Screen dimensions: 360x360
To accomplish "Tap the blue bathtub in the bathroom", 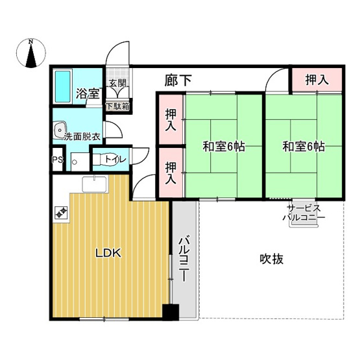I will (63, 88).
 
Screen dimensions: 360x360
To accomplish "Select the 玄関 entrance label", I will (117, 83).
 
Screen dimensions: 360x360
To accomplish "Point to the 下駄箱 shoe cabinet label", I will (117, 106).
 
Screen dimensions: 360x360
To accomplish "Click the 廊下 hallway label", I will (179, 80).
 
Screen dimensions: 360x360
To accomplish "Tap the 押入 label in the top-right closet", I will (316, 80).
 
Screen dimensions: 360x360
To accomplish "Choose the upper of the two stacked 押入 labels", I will (171, 121).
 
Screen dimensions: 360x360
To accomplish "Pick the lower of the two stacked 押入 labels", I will (171, 172).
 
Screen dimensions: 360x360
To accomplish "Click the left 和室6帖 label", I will (222, 147).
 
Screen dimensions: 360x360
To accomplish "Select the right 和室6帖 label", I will (303, 147).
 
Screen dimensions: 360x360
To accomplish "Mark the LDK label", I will (110, 254).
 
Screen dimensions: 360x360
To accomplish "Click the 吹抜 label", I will (272, 259).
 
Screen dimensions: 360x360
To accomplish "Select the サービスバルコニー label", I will (300, 213).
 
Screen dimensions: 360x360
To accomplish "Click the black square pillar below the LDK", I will (171, 313).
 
